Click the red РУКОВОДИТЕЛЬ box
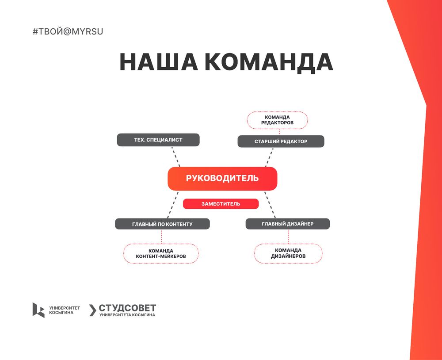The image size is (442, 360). pos(222,178)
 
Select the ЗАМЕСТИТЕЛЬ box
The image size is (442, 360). pos(221,204)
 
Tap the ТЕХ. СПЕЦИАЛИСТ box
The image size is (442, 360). pos(158,140)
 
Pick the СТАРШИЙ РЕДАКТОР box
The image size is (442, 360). pos(281,142)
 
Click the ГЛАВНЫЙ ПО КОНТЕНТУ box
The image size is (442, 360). pos(162,224)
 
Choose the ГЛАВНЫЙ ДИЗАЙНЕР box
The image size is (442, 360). pos(288,224)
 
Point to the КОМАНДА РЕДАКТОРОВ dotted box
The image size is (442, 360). pos(278,120)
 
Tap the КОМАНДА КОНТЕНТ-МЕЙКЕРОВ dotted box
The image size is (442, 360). pos(161,253)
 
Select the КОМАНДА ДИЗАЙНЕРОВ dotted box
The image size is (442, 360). pos(288,253)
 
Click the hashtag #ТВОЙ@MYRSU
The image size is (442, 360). pos(68,31)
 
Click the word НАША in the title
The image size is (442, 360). pos(159,62)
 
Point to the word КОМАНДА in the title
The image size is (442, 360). pos(269,62)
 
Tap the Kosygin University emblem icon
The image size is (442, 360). pos(38,310)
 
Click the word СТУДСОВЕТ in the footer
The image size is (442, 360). pos(127,308)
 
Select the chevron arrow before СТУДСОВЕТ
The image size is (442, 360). pos(93,310)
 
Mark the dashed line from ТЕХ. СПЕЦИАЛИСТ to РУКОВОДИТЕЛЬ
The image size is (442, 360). pos(176,157)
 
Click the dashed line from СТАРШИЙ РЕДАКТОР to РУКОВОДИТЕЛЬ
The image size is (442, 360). pos(269,157)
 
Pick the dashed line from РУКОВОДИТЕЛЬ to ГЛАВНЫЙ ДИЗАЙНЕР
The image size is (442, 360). pos(270,204)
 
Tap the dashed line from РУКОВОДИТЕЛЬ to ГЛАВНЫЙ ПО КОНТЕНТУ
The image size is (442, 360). pos(173,204)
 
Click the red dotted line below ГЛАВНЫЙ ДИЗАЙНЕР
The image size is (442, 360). pos(289,237)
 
